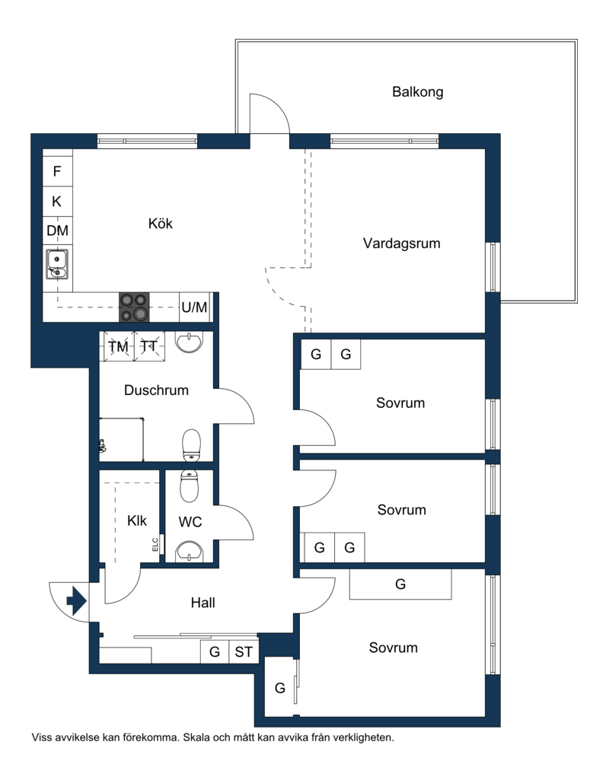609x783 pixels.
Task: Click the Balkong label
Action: coord(417,92)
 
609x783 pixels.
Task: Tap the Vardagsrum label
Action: coord(402,243)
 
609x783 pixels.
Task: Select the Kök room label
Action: coord(161,223)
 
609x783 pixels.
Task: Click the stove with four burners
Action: coord(134,307)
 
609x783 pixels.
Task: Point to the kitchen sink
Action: coord(57,264)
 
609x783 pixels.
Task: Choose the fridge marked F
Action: coord(57,171)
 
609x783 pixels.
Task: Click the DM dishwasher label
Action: coord(57,231)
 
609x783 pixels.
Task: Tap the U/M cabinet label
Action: coord(194,307)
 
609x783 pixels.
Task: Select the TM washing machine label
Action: coord(119,346)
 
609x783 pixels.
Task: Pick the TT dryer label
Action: coord(149,346)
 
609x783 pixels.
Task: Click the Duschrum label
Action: coord(156,390)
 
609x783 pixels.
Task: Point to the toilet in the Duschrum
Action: coord(191,445)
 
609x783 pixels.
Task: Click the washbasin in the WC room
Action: coord(190,551)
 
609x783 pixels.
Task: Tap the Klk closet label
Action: coord(137,520)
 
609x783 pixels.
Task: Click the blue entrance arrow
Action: coord(76,600)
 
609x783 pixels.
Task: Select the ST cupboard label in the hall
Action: coord(244,651)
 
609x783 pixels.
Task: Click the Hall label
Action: coord(202,603)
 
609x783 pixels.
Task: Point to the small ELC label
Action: coord(155,544)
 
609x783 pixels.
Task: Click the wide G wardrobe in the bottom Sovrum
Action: coord(400,584)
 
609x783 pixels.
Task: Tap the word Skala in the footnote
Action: coord(196,737)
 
